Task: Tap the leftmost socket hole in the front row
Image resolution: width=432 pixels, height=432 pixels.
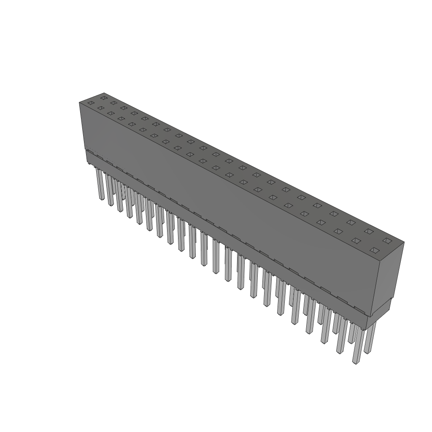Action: tap(90, 103)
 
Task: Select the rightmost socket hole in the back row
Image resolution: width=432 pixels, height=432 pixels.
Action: tap(387, 240)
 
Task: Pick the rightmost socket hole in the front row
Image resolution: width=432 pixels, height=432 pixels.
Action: tap(374, 250)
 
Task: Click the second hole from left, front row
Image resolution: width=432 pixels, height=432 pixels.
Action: tap(101, 108)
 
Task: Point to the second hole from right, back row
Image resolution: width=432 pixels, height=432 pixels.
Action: tap(369, 231)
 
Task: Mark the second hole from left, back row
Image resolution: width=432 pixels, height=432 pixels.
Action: tap(113, 103)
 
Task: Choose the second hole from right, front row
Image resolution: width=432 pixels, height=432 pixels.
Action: tap(356, 241)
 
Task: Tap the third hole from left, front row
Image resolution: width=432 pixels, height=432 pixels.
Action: tap(111, 113)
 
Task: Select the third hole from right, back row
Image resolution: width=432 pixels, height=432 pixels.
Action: tap(351, 222)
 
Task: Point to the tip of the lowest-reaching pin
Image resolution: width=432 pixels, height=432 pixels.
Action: tap(356, 362)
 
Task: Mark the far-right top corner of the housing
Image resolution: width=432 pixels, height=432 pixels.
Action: tap(404, 242)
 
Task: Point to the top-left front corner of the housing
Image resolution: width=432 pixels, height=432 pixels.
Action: tap(80, 103)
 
